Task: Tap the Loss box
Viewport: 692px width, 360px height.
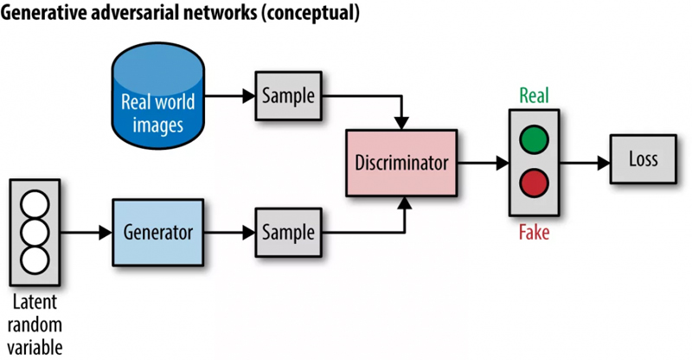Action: tap(643, 159)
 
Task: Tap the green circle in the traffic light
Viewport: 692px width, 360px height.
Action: tap(534, 138)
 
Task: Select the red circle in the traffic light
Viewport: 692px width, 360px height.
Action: tap(534, 183)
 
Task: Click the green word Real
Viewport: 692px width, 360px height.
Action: tap(534, 95)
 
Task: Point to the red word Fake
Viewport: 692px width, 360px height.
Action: tap(534, 232)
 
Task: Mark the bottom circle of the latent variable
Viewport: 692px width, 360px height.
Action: tap(35, 258)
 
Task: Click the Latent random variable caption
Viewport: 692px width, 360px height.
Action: tap(35, 324)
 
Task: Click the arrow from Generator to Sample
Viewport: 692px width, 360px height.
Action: tap(227, 233)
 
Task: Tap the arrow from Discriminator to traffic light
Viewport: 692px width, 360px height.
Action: tap(481, 162)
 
